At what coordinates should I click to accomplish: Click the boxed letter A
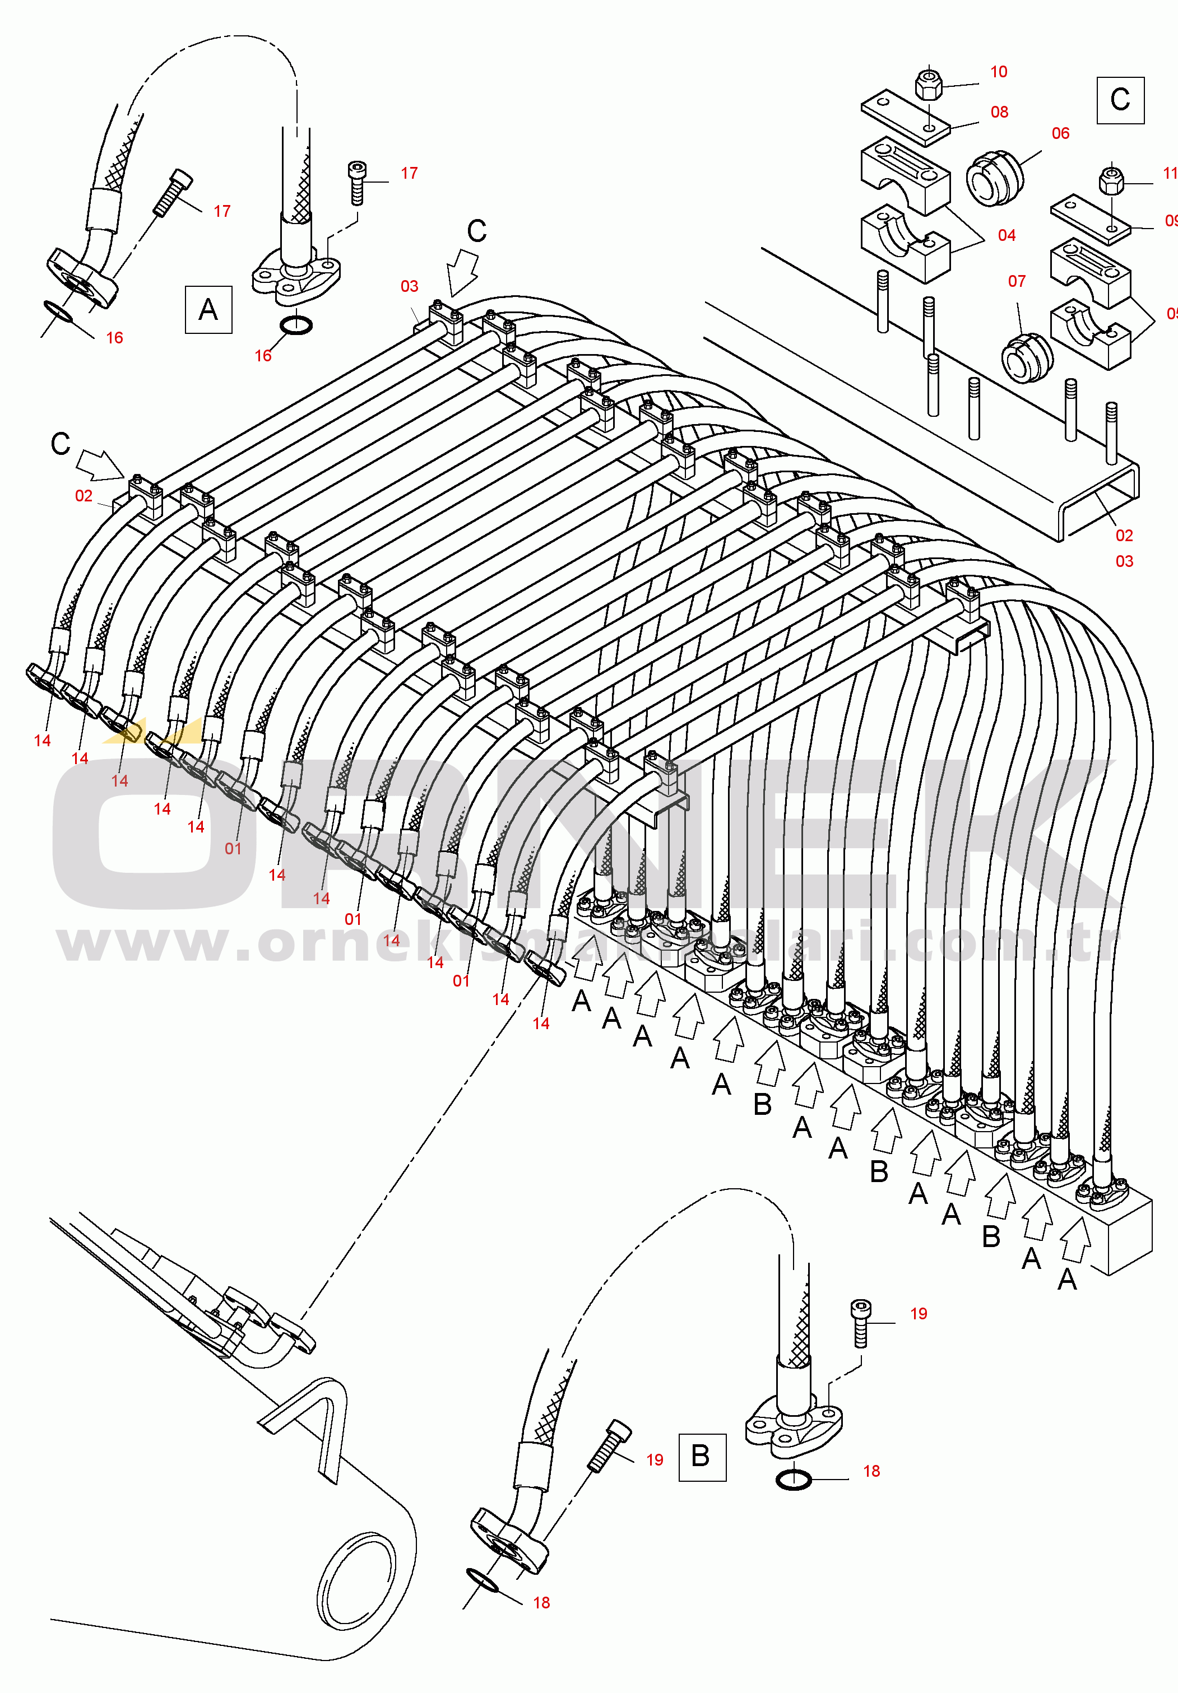[208, 310]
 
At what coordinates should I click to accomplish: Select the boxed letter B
[701, 1456]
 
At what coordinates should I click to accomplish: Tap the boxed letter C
[1120, 100]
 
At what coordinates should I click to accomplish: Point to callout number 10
[999, 72]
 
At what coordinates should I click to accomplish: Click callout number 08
[999, 112]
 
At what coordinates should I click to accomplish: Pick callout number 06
[1060, 133]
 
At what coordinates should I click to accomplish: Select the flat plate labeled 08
[906, 117]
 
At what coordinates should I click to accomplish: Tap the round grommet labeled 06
[994, 179]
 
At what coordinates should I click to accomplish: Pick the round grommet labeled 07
[1027, 357]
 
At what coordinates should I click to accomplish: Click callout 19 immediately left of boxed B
[654, 1460]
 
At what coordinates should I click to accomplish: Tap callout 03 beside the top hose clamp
[410, 286]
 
